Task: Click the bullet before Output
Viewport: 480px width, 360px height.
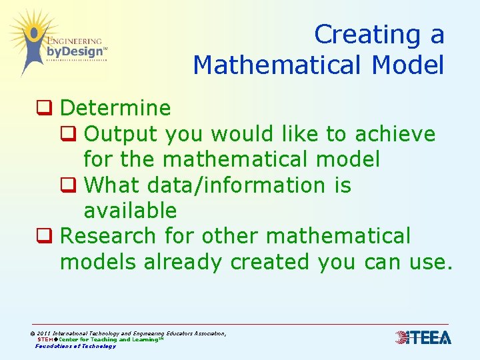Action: pyautogui.click(x=67, y=133)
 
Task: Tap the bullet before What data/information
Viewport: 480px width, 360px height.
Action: pyautogui.click(x=67, y=185)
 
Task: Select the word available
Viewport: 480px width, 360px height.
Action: pyautogui.click(x=130, y=211)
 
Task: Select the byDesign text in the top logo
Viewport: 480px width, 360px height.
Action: pyautogui.click(x=75, y=51)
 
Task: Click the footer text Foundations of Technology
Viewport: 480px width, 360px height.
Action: pyautogui.click(x=75, y=346)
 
